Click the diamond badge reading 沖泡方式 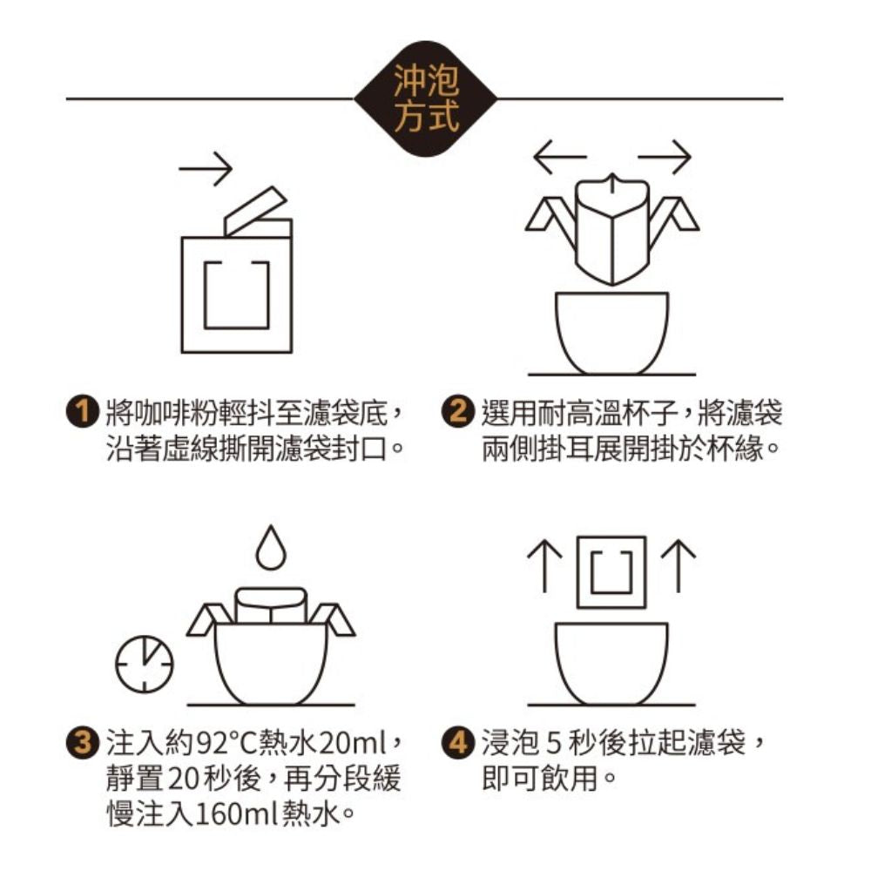426,99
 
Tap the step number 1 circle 83,412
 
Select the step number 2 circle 458,412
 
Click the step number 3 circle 83,743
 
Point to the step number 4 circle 458,743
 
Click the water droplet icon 271,548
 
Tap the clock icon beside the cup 145,665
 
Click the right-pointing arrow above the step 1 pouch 205,168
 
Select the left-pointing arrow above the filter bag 560,157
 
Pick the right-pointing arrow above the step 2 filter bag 665,157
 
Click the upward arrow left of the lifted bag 544,566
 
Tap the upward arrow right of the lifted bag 679,566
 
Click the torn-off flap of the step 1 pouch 255,211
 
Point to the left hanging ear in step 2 551,219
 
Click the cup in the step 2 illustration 612,332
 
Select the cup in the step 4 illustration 611,663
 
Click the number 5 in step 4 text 553,743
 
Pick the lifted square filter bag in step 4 611,572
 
